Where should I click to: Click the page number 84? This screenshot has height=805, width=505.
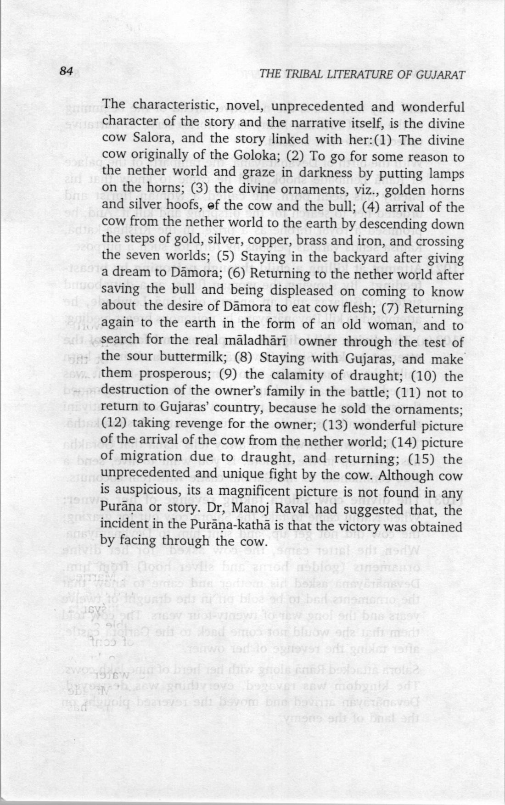pos(67,72)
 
